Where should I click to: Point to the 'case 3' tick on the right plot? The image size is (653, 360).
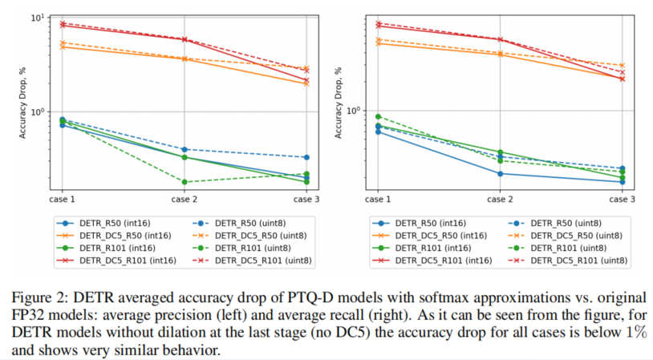click(x=622, y=198)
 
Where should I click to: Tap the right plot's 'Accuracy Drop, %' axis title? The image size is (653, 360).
click(x=338, y=103)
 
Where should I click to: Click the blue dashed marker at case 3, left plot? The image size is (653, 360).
click(x=306, y=157)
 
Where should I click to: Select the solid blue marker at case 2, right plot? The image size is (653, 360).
click(x=500, y=173)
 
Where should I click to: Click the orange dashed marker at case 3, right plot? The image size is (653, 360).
click(x=622, y=65)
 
